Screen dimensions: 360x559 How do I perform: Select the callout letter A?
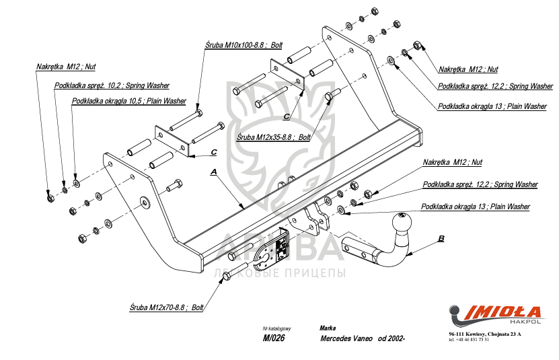coord(214,173)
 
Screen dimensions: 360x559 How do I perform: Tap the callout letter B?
coord(441,238)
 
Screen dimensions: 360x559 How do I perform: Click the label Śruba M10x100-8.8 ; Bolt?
coord(244,44)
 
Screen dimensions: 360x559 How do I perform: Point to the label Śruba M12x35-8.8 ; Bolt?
coord(273,137)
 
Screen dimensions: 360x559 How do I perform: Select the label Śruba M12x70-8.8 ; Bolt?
coord(166,307)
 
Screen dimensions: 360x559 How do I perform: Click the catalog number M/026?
coord(274,338)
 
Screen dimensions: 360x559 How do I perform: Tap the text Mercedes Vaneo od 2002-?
coord(363,338)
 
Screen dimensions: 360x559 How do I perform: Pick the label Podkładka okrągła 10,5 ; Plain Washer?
coord(129,101)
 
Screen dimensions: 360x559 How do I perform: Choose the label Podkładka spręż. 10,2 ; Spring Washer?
coord(112,85)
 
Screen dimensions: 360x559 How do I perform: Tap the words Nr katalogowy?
coord(276,328)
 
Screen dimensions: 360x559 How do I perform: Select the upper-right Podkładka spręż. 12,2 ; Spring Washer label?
coord(495,86)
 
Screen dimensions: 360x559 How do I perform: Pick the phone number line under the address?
coord(469,339)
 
